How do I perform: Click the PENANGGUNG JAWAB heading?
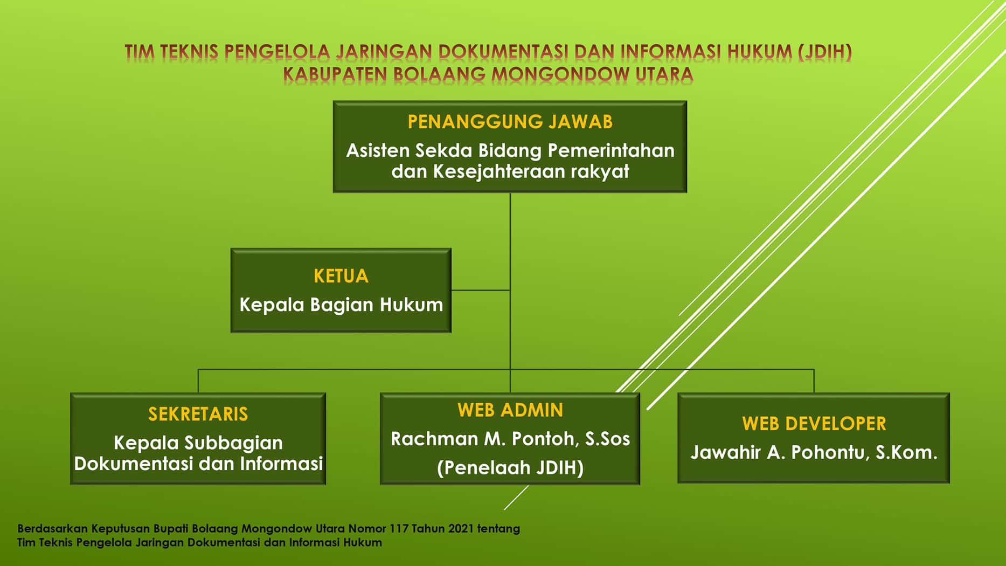coord(510,122)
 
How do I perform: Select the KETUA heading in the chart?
coord(341,276)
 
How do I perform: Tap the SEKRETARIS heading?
coord(198,414)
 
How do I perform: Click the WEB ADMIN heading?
coord(510,410)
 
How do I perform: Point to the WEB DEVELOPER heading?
coord(814,424)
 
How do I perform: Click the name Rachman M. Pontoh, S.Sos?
coord(510,439)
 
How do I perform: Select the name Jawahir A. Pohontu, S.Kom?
coord(814,452)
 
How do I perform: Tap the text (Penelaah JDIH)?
coord(510,467)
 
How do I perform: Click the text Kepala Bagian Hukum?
coord(341,305)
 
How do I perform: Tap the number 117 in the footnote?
coord(399,528)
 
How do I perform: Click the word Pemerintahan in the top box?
coord(611,150)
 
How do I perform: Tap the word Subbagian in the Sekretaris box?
coord(233,443)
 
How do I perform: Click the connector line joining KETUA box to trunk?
coord(480,290)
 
